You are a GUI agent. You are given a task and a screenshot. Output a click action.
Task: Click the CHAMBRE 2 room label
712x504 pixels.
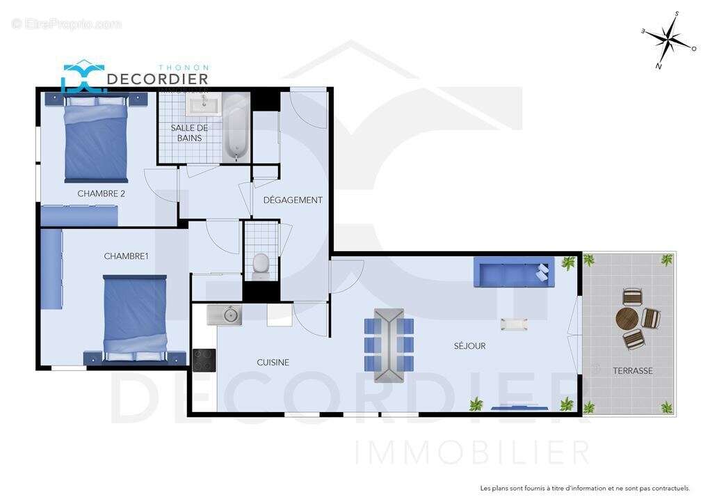pyautogui.click(x=101, y=194)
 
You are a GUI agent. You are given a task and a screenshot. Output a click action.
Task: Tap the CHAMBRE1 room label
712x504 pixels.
pyautogui.click(x=126, y=256)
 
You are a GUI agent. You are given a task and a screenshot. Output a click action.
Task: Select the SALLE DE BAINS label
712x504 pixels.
pyautogui.click(x=189, y=133)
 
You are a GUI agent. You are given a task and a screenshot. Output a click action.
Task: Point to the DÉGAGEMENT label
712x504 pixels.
pyautogui.click(x=293, y=200)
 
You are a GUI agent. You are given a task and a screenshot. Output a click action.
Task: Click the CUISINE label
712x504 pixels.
pyautogui.click(x=273, y=362)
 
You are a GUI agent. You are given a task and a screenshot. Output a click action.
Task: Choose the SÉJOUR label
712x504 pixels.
pyautogui.click(x=469, y=345)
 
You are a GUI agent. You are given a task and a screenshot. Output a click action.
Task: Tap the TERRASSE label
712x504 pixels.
pyautogui.click(x=632, y=370)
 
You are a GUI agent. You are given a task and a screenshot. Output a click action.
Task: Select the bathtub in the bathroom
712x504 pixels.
pyautogui.click(x=236, y=127)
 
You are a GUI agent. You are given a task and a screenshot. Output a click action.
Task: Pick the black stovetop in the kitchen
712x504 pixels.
pyautogui.click(x=204, y=360)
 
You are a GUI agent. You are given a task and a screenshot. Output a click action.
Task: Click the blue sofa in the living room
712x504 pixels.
pyautogui.click(x=514, y=272)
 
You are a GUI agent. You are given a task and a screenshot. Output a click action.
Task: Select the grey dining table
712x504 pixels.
pyautogui.click(x=389, y=345)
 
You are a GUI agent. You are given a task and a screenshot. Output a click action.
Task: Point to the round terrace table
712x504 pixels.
pyautogui.click(x=626, y=319)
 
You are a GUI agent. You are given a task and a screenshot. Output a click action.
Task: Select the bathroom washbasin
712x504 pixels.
pyautogui.click(x=203, y=104)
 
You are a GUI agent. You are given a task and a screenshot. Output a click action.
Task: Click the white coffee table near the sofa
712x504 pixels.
pyautogui.click(x=513, y=324)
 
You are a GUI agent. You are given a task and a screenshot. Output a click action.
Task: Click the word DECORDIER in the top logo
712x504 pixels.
pyautogui.click(x=157, y=79)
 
